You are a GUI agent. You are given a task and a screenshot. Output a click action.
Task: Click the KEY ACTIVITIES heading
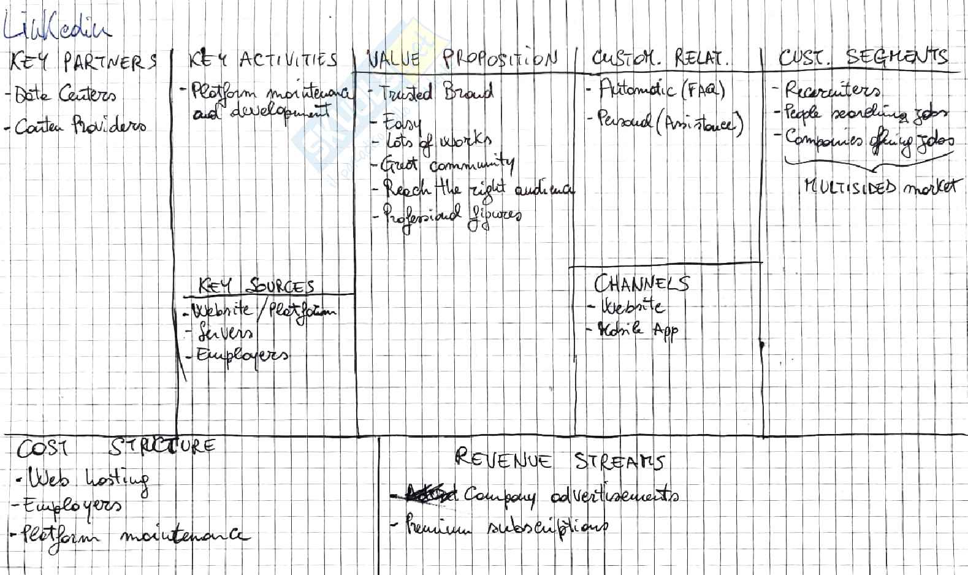coord(263,60)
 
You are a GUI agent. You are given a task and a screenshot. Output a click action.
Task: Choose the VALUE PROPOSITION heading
coord(463,59)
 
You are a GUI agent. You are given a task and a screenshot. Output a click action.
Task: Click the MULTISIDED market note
coord(880,187)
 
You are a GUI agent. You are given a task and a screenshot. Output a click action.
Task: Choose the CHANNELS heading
coord(641,284)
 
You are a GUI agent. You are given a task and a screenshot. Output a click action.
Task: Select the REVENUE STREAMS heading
coord(560,460)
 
